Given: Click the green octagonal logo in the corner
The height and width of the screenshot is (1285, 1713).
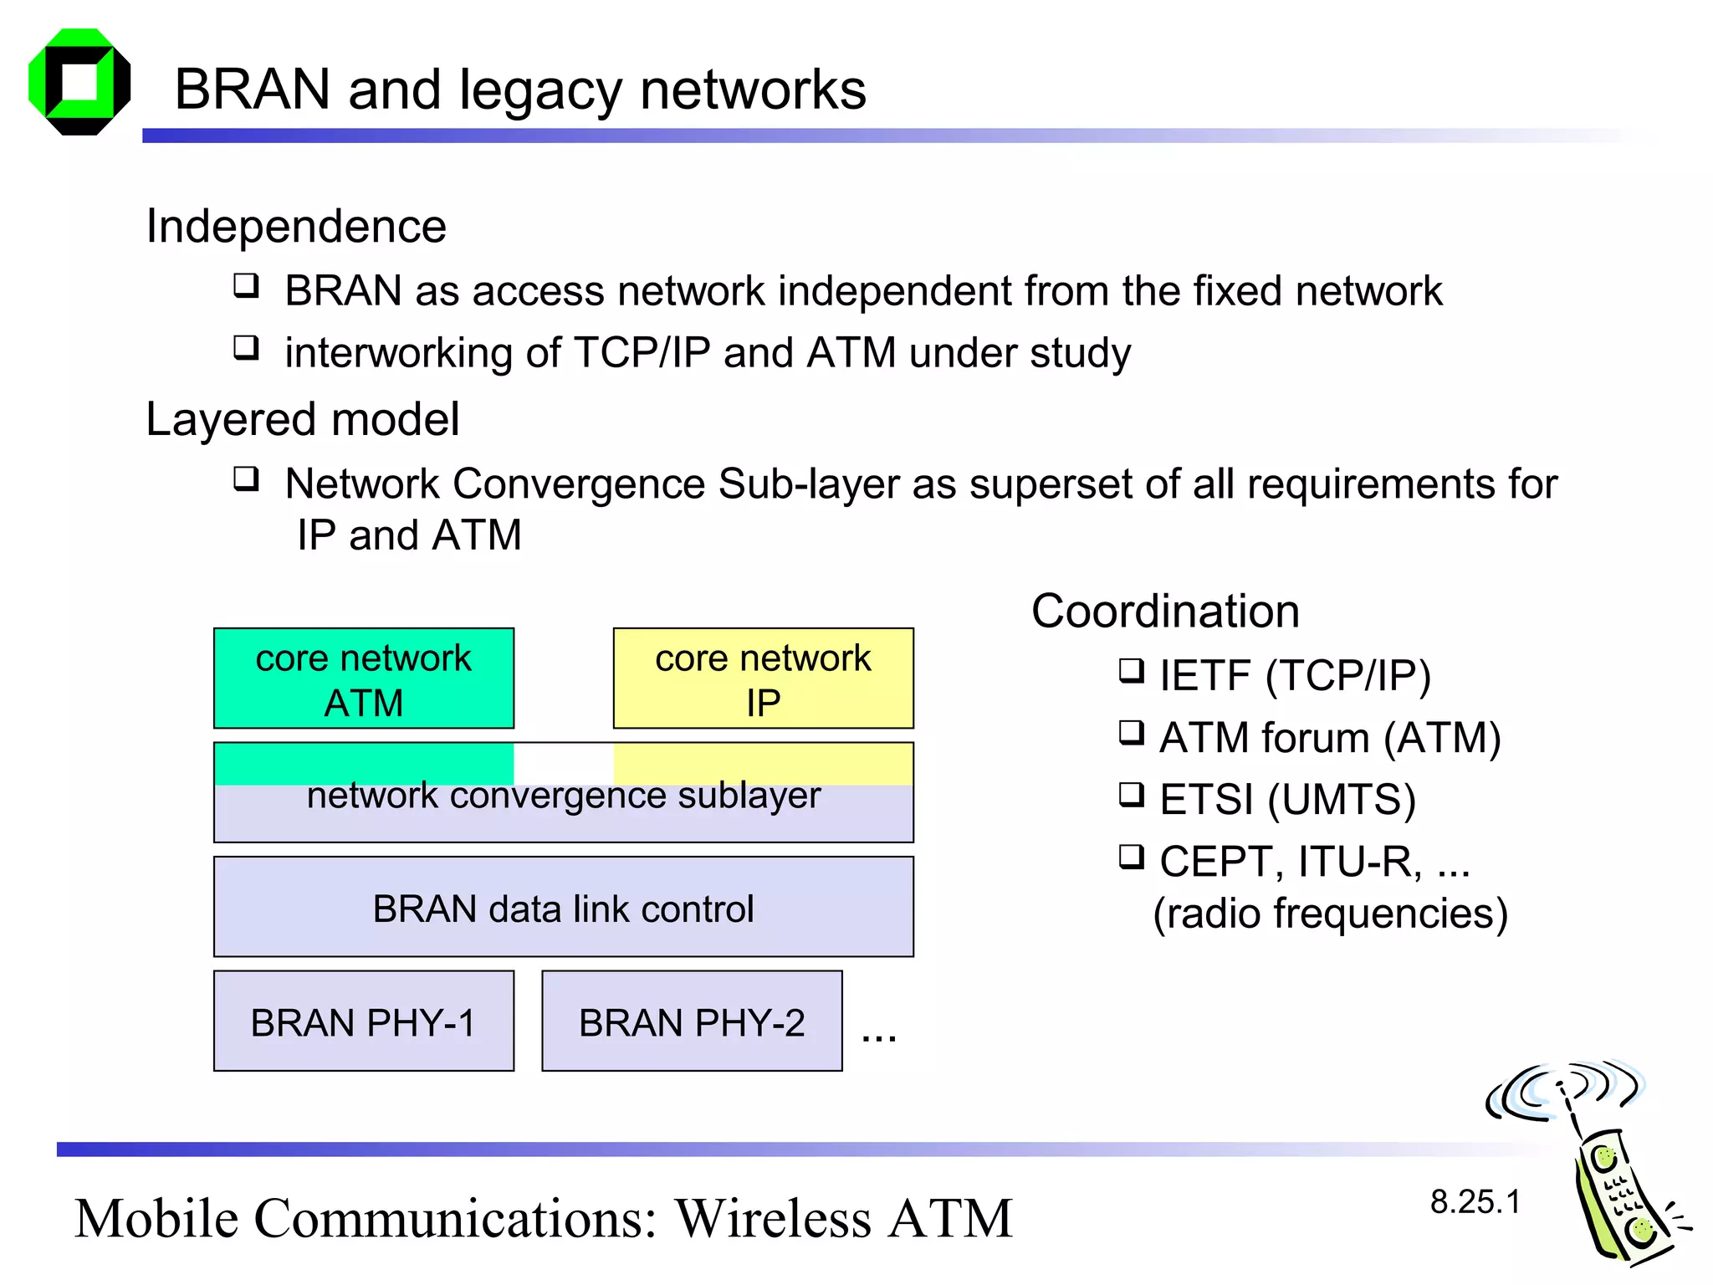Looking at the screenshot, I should (x=79, y=82).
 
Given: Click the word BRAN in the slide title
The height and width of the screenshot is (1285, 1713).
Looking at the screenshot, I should (x=252, y=90).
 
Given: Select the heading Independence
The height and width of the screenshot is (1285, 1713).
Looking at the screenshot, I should (x=296, y=226).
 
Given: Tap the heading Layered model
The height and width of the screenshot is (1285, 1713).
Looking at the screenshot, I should (x=302, y=419).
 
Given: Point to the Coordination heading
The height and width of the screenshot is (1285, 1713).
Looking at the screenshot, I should (x=1165, y=611).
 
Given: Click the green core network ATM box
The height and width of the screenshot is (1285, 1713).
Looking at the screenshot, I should (x=364, y=678).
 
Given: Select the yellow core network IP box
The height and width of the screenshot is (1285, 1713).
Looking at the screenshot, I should (x=763, y=678).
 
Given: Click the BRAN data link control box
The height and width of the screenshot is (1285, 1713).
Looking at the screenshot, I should (x=563, y=908).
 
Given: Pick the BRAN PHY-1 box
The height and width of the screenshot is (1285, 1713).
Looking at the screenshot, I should (x=364, y=1021).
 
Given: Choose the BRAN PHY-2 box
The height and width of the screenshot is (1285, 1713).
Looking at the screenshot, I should (x=692, y=1021).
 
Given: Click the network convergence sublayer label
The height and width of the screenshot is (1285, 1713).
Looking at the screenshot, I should (x=563, y=796).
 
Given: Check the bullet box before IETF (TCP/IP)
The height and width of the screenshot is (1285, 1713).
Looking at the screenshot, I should (x=1131, y=671).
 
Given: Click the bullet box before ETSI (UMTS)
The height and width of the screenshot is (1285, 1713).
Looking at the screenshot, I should (x=1131, y=795).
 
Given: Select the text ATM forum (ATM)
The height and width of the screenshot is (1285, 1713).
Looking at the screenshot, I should (x=1330, y=738).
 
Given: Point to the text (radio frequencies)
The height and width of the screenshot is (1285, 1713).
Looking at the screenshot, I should (x=1330, y=914).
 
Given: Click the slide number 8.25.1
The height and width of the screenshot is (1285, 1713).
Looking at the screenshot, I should (x=1475, y=1202).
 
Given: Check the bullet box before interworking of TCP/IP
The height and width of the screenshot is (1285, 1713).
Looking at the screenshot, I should (x=246, y=347).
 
